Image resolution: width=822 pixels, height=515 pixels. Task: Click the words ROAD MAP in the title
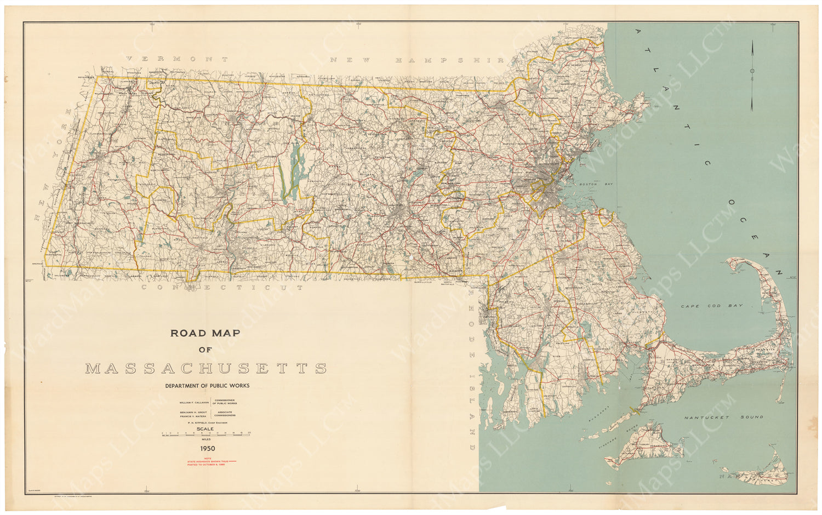click(205, 333)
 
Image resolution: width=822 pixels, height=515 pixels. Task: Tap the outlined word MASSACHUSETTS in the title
click(206, 368)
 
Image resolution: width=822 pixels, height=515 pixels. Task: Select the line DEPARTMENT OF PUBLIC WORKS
click(207, 386)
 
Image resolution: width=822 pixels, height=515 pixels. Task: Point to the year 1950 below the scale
click(207, 448)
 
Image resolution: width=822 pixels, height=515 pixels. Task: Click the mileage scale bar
click(206, 433)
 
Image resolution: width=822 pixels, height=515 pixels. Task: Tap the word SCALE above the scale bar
click(206, 428)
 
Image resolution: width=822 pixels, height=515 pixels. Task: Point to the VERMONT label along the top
click(176, 59)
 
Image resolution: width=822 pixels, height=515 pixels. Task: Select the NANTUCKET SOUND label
click(723, 417)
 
